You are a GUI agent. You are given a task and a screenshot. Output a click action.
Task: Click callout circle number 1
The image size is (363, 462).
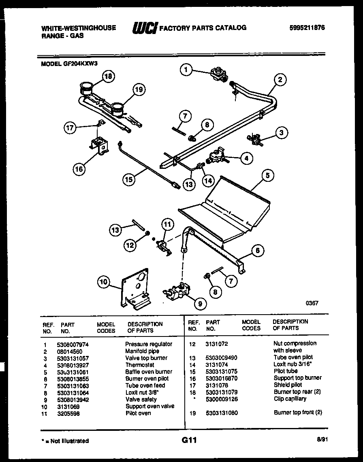click(x=186, y=70)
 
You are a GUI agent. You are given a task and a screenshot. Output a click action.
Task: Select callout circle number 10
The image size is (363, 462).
click(x=104, y=282)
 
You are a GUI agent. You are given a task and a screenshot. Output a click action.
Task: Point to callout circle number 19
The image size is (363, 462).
click(x=139, y=90)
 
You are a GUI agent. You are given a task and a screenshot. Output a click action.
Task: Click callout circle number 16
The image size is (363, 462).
click(x=79, y=169)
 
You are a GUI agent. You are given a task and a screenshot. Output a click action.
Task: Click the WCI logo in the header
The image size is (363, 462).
click(x=144, y=28)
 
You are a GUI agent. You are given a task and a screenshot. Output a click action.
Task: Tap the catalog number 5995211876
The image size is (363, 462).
click(x=307, y=28)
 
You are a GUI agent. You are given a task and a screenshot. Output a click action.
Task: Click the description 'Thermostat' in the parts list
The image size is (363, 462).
click(x=140, y=365)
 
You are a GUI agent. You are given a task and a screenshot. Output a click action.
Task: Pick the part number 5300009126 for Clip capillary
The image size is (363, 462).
click(x=221, y=399)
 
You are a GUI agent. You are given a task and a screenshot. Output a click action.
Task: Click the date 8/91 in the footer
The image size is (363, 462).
click(x=322, y=441)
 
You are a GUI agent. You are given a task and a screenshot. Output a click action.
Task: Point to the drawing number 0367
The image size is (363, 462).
click(x=312, y=302)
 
